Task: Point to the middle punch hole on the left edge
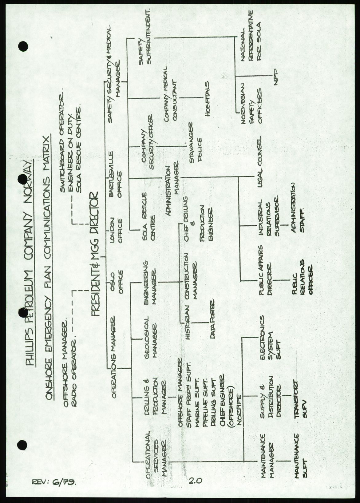pyautogui.click(x=23, y=313)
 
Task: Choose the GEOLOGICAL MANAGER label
pyautogui.click(x=151, y=337)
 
